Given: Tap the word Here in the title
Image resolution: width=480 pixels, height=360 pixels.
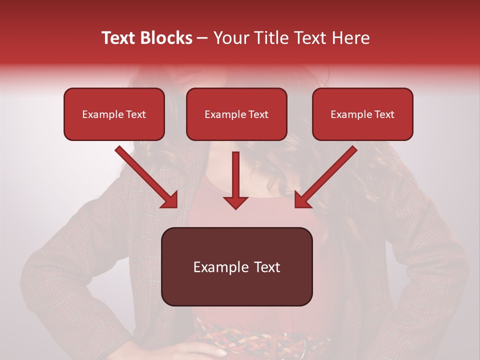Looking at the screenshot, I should (x=351, y=38).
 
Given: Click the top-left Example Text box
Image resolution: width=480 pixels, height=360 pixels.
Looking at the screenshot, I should (x=114, y=114).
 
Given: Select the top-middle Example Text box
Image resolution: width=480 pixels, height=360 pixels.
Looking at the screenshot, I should (x=236, y=114).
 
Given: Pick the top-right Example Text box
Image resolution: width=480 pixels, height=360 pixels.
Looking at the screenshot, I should (x=362, y=114).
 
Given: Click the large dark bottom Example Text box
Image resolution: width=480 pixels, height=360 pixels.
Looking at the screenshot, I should (x=236, y=267).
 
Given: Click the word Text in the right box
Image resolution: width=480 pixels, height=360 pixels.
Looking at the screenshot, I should (x=384, y=114).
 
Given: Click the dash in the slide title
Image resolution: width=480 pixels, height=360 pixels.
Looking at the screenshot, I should (x=202, y=38).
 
